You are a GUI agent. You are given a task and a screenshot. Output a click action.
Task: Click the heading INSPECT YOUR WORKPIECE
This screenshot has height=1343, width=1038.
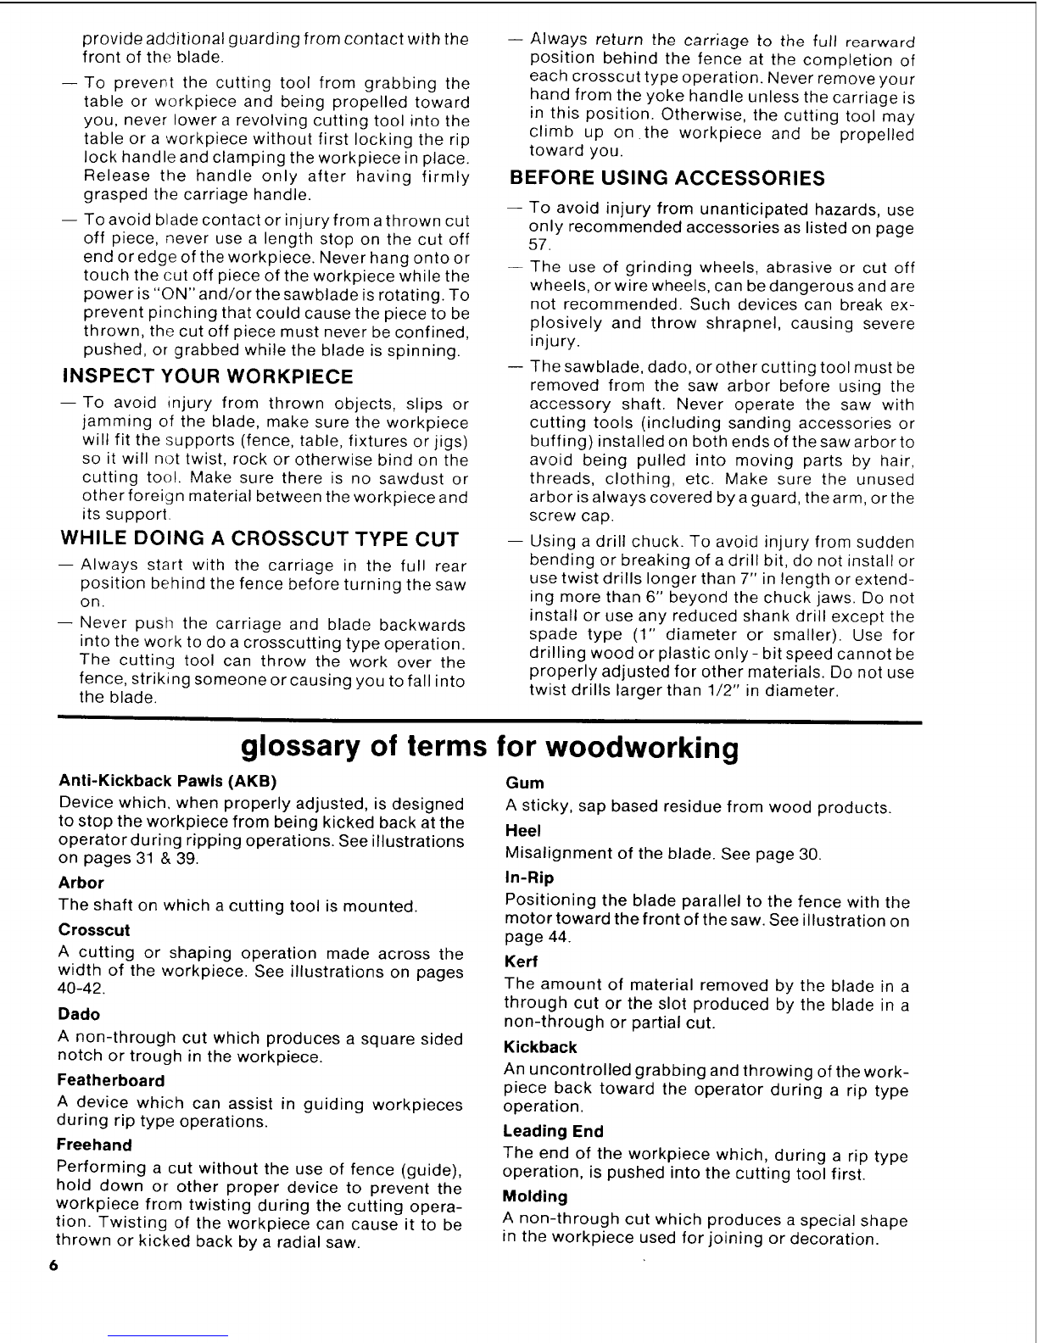(208, 376)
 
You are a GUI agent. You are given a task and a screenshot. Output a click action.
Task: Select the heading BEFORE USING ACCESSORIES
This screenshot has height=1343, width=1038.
(666, 178)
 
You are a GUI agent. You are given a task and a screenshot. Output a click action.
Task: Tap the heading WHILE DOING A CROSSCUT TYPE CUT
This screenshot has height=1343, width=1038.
(259, 539)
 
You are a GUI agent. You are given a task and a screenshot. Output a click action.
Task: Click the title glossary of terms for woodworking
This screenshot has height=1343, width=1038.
(490, 748)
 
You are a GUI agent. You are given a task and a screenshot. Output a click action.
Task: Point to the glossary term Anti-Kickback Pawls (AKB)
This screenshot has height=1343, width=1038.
(168, 780)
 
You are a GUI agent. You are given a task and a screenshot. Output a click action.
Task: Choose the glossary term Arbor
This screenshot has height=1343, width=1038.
(81, 883)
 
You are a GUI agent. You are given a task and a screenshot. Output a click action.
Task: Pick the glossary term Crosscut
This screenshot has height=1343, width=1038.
(93, 929)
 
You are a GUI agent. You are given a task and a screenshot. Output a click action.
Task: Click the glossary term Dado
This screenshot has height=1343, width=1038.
(79, 1014)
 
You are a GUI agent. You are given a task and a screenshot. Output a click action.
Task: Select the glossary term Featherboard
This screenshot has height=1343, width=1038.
(110, 1080)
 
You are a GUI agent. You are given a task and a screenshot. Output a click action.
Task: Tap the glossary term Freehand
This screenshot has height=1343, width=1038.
(94, 1145)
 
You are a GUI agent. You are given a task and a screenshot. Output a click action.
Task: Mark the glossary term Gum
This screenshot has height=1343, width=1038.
(524, 783)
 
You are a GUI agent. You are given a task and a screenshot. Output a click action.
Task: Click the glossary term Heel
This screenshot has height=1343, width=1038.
(522, 830)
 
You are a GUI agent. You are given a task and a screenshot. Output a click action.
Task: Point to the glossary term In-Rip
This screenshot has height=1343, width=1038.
(528, 878)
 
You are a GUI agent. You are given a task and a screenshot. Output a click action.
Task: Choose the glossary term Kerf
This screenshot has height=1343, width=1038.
(521, 961)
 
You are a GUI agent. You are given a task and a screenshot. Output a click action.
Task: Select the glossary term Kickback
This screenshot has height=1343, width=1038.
(539, 1047)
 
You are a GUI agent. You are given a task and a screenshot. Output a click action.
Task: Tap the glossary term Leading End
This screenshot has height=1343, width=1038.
(553, 1131)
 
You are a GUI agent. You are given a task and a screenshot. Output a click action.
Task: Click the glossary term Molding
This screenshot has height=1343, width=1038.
(534, 1196)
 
